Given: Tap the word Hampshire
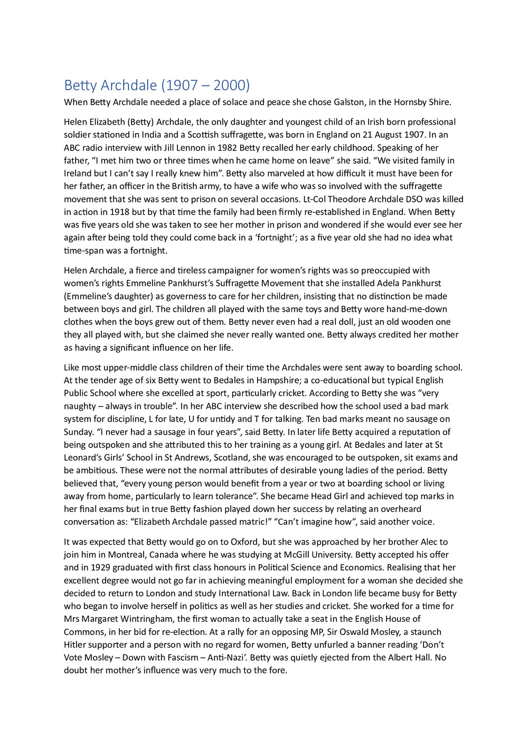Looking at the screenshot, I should (x=208, y=380).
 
